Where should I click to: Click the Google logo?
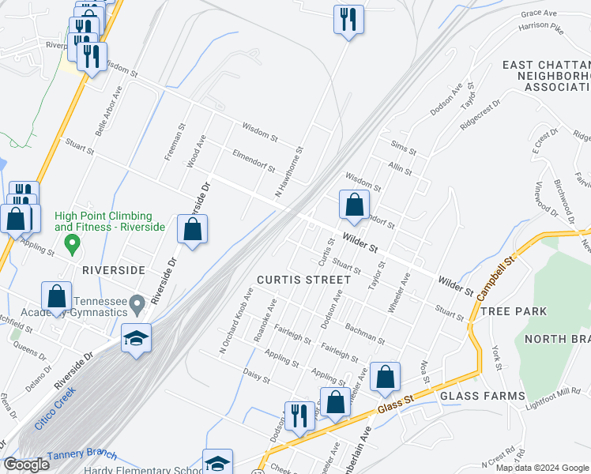coord(26,465)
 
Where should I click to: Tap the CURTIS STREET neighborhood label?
coord(303,280)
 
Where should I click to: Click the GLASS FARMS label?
coord(482,396)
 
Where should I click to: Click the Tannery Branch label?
coord(81,456)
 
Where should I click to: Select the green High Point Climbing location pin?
coord(72,243)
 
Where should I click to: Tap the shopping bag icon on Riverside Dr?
coord(192,230)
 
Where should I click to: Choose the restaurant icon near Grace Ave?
coord(348,19)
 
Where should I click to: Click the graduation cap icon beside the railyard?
coord(136,339)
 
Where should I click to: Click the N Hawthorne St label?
coord(289,171)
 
